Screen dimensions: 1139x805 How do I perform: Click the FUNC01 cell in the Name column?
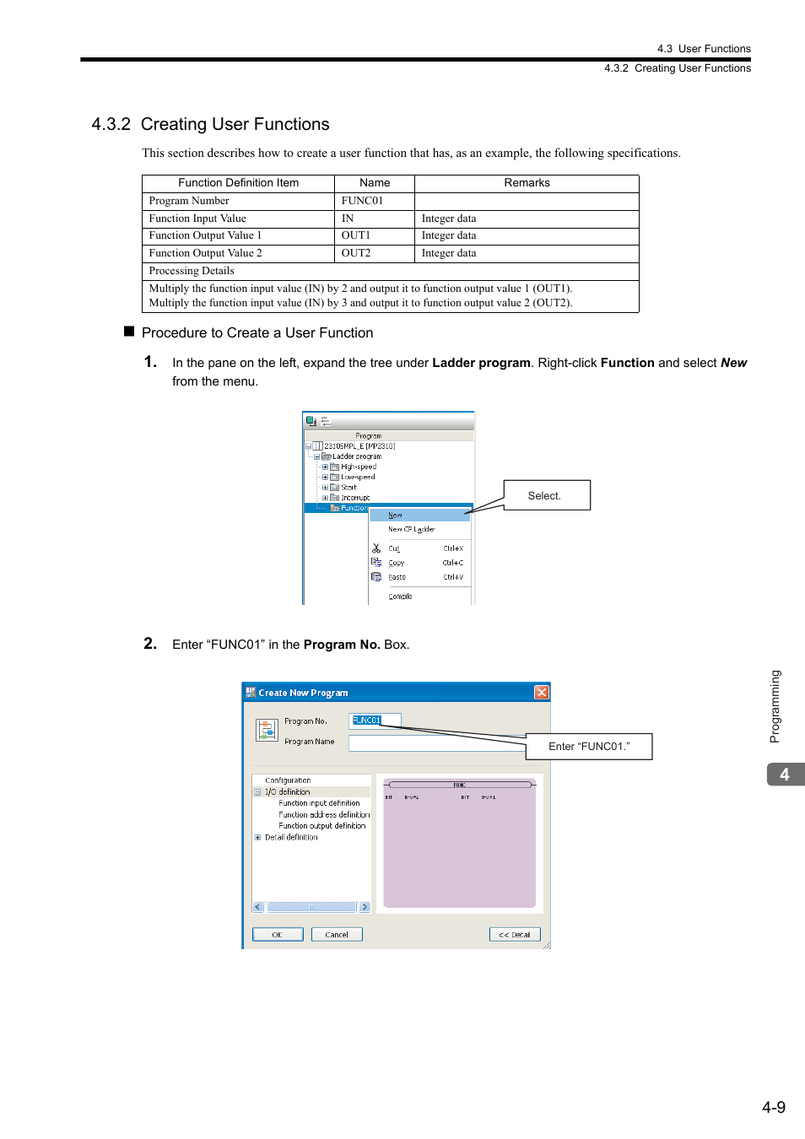[362, 201]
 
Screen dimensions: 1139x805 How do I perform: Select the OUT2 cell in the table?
[356, 253]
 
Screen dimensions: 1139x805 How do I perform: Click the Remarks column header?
[527, 183]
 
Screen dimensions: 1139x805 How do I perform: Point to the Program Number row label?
[189, 201]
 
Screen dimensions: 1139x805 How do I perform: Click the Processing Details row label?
[192, 271]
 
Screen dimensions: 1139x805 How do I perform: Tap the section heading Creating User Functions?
[235, 124]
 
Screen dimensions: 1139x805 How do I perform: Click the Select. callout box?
[546, 495]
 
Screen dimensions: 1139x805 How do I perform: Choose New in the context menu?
[396, 515]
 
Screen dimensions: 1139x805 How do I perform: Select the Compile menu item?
[400, 596]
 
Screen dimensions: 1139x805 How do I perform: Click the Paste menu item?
[397, 577]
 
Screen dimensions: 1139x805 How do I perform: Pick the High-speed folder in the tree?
[358, 467]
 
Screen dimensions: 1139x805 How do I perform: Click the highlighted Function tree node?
[353, 508]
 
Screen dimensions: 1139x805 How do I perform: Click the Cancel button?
[337, 934]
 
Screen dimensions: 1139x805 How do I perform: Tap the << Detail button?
[514, 934]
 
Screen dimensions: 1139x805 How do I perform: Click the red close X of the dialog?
[542, 693]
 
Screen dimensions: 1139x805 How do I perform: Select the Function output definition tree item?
[321, 826]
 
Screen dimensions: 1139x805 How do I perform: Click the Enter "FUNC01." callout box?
[589, 747]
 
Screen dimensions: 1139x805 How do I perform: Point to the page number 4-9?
[773, 1107]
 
